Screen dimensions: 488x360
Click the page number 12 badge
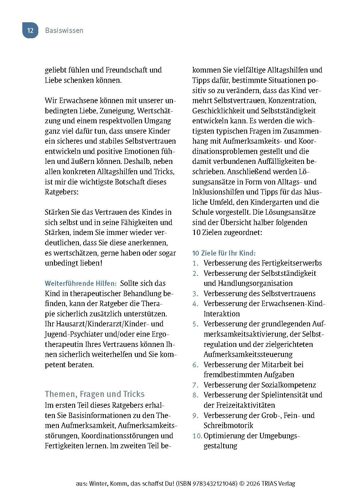tap(30, 31)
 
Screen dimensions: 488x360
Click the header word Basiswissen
tap(64, 31)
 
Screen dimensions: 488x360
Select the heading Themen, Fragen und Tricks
tap(95, 394)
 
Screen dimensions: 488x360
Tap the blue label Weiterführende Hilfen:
tap(81, 284)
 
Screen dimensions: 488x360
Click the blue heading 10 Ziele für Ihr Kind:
tap(224, 253)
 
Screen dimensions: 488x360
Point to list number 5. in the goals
tap(195, 324)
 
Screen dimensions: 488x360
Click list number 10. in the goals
tap(197, 436)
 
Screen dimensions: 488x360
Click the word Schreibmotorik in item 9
tap(228, 425)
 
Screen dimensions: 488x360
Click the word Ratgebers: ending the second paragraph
tap(61, 192)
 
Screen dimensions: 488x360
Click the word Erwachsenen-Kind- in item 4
tap(293, 304)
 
